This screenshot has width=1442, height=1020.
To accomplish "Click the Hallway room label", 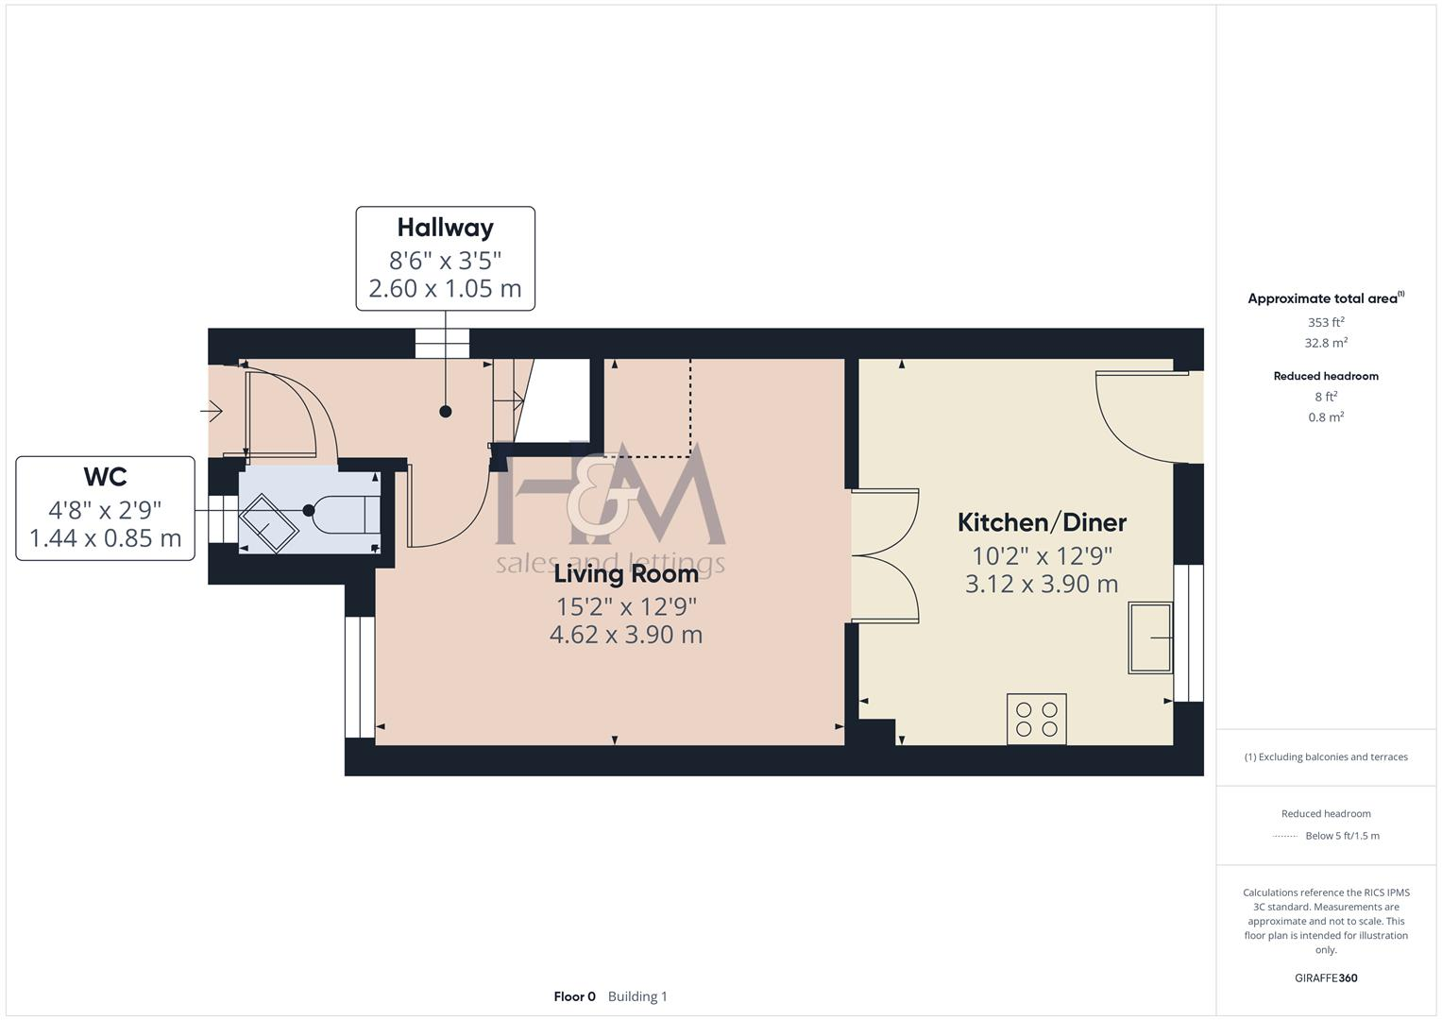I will click(445, 228).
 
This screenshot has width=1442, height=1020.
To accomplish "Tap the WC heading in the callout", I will click(105, 477).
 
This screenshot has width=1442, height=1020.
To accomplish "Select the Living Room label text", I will click(626, 573).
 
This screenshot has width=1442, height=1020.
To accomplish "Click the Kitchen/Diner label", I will click(1042, 522).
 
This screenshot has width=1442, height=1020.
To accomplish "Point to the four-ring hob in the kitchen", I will click(1036, 719).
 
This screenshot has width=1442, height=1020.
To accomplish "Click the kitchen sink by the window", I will click(1150, 638).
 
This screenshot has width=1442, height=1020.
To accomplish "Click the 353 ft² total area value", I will click(1326, 322).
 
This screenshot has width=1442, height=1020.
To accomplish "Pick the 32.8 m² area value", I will click(1326, 343).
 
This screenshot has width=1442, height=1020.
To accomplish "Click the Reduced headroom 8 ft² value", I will click(1326, 397).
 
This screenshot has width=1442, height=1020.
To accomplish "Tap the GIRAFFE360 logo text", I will click(1326, 978).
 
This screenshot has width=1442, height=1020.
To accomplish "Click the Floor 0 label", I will click(574, 996).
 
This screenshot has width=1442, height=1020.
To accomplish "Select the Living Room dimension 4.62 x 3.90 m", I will click(626, 635).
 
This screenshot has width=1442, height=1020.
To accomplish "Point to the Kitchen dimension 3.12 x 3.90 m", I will click(1042, 584).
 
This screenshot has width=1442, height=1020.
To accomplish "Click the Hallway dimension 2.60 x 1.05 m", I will click(445, 288).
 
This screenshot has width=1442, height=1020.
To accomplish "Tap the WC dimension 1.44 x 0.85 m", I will click(105, 538).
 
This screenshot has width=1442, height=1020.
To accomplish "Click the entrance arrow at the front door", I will click(212, 412).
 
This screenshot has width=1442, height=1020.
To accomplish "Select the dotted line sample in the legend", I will click(1286, 836).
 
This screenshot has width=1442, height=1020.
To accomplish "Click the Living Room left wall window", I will click(359, 676).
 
